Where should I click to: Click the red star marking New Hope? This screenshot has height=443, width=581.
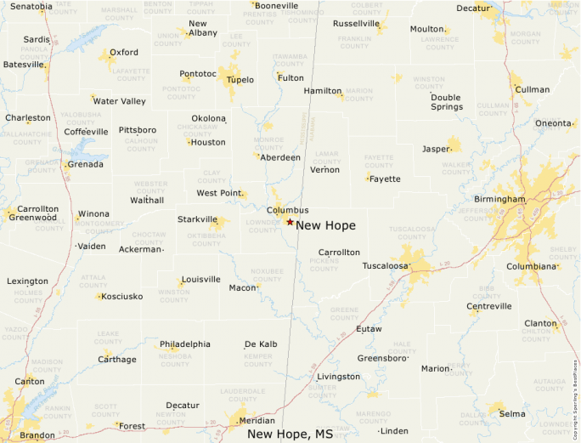click(290, 222)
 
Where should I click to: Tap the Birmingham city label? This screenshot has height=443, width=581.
click(500, 199)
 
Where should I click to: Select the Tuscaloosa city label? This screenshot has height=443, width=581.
click(386, 266)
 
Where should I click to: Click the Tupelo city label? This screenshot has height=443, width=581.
click(240, 79)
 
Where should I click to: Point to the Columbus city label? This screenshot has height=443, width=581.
click(288, 210)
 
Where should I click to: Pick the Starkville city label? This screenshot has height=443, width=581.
click(197, 219)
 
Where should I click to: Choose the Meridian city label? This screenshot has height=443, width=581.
click(257, 421)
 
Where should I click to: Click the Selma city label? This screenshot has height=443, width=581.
click(512, 414)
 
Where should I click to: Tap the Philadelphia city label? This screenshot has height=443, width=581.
click(185, 344)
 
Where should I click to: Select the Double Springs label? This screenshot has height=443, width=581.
click(446, 102)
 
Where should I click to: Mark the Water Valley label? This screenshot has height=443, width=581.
click(119, 101)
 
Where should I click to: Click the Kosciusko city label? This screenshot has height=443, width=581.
click(121, 297)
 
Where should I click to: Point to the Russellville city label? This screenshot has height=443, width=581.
click(356, 24)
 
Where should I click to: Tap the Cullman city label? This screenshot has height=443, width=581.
click(533, 89)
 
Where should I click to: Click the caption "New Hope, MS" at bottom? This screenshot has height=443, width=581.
click(290, 434)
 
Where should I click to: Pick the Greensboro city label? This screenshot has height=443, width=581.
click(381, 358)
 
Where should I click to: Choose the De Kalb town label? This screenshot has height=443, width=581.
click(261, 344)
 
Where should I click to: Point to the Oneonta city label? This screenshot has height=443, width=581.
click(553, 123)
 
